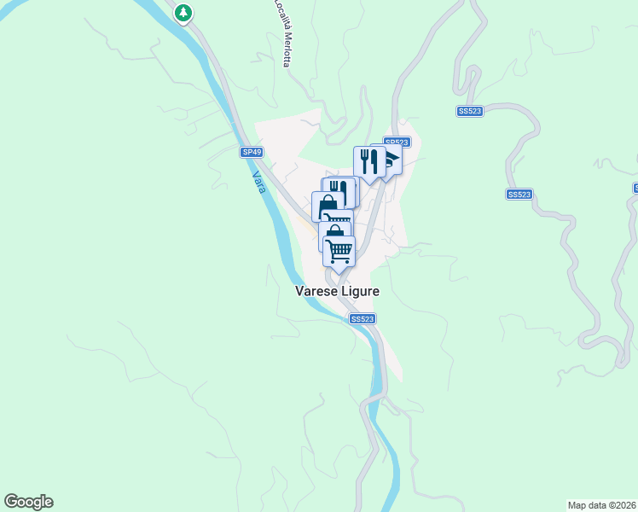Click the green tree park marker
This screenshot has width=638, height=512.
[x=183, y=13]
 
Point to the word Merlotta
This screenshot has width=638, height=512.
[x=287, y=49]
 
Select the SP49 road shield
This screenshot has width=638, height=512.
[x=251, y=152]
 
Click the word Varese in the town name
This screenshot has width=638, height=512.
[x=314, y=291]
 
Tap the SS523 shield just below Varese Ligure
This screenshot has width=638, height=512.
[x=362, y=318]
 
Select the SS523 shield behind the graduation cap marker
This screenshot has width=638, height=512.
[x=397, y=143]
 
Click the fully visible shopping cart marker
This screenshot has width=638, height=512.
[x=339, y=250]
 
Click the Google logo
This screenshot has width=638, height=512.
[x=28, y=502]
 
